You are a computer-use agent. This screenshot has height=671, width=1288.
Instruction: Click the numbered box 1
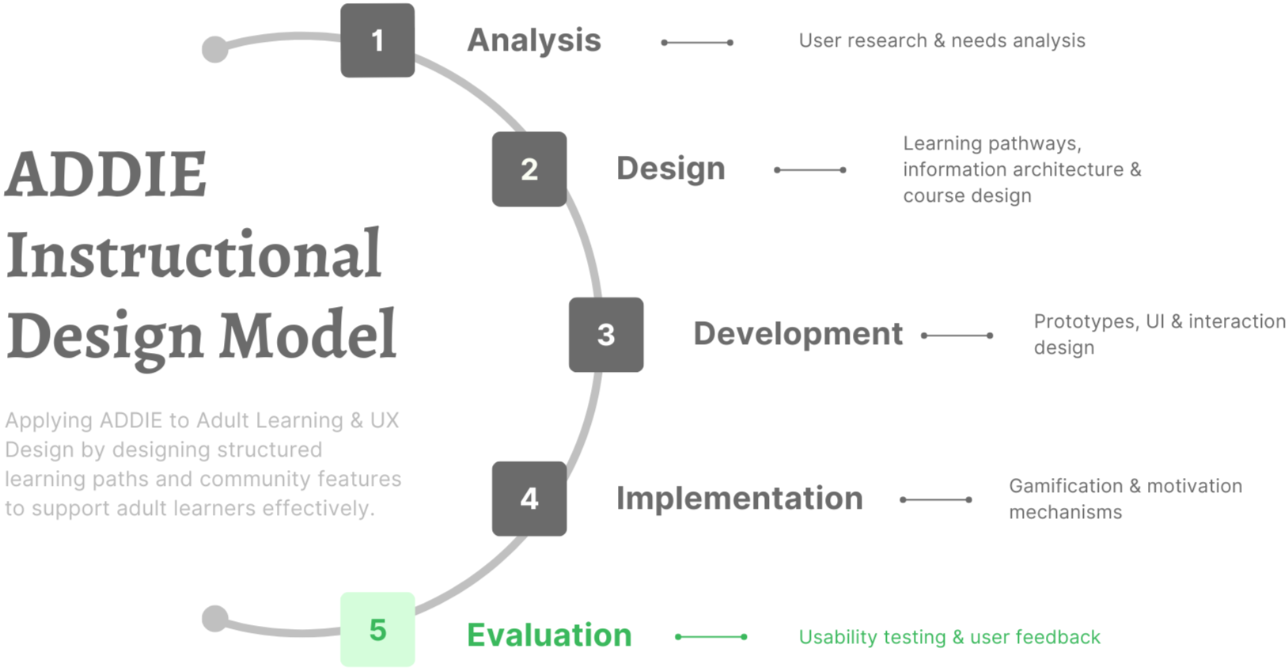(377, 40)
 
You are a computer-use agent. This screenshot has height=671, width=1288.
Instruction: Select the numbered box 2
(528, 169)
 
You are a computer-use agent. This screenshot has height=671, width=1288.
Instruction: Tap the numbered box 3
(605, 335)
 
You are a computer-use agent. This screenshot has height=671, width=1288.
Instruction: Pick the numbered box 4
(528, 499)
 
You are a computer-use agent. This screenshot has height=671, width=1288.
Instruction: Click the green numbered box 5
(377, 630)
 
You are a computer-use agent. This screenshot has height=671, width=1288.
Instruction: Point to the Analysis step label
(534, 40)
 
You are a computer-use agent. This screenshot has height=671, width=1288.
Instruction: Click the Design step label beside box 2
(670, 169)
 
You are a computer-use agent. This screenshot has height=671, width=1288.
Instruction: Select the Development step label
(797, 334)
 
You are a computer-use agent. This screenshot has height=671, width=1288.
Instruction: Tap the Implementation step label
(739, 499)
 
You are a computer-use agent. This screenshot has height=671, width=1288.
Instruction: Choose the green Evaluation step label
(549, 635)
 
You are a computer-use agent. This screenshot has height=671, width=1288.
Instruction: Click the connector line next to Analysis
(697, 42)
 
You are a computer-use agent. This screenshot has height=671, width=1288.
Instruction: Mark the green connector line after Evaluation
(710, 637)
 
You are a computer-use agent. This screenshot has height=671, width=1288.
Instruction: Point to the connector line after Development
(957, 335)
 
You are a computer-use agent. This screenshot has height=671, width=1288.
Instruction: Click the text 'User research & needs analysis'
(941, 40)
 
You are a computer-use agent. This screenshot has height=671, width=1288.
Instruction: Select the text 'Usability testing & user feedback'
(949, 637)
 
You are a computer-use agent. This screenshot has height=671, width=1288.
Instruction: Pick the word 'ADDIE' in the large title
(106, 175)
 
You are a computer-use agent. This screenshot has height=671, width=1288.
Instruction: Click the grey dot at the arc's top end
(214, 49)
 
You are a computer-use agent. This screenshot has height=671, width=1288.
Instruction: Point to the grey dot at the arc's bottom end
(214, 619)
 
